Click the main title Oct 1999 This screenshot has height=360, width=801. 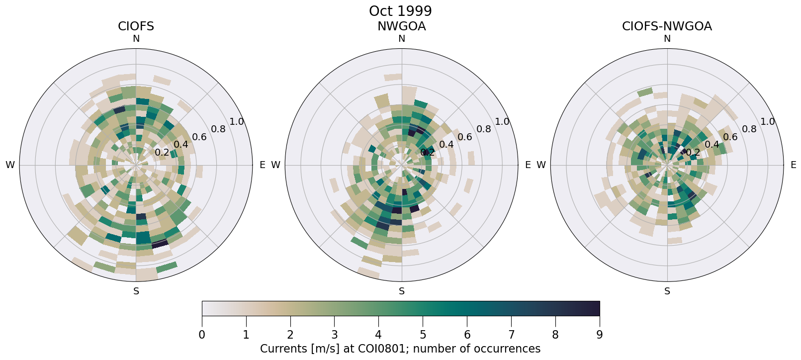pyautogui.click(x=400, y=11)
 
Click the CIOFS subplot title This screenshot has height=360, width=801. pyautogui.click(x=136, y=26)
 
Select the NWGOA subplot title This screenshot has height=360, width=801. pyautogui.click(x=401, y=26)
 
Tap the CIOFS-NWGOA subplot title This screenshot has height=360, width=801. pyautogui.click(x=667, y=26)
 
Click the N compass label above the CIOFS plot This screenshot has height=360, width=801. pyautogui.click(x=136, y=39)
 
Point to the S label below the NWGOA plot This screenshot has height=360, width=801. pyautogui.click(x=402, y=291)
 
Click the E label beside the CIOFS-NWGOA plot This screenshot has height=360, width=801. pyautogui.click(x=793, y=165)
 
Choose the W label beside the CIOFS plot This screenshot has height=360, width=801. pyautogui.click(x=10, y=165)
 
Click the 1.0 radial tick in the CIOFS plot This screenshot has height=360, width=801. pyautogui.click(x=237, y=122)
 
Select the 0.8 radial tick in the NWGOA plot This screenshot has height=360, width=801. pyautogui.click(x=484, y=129)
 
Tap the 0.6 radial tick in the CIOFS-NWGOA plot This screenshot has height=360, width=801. pyautogui.click(x=730, y=137)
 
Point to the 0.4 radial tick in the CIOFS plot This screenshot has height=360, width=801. pyautogui.click(x=180, y=145)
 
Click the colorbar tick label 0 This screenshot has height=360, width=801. pyautogui.click(x=202, y=335)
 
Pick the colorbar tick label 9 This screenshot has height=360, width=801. pyautogui.click(x=599, y=335)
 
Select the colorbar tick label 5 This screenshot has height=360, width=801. pyautogui.click(x=423, y=335)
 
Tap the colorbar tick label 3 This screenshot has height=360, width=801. pyautogui.click(x=335, y=335)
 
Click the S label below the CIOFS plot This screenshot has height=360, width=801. pyautogui.click(x=136, y=291)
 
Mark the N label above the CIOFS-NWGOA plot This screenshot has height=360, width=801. pyautogui.click(x=667, y=39)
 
